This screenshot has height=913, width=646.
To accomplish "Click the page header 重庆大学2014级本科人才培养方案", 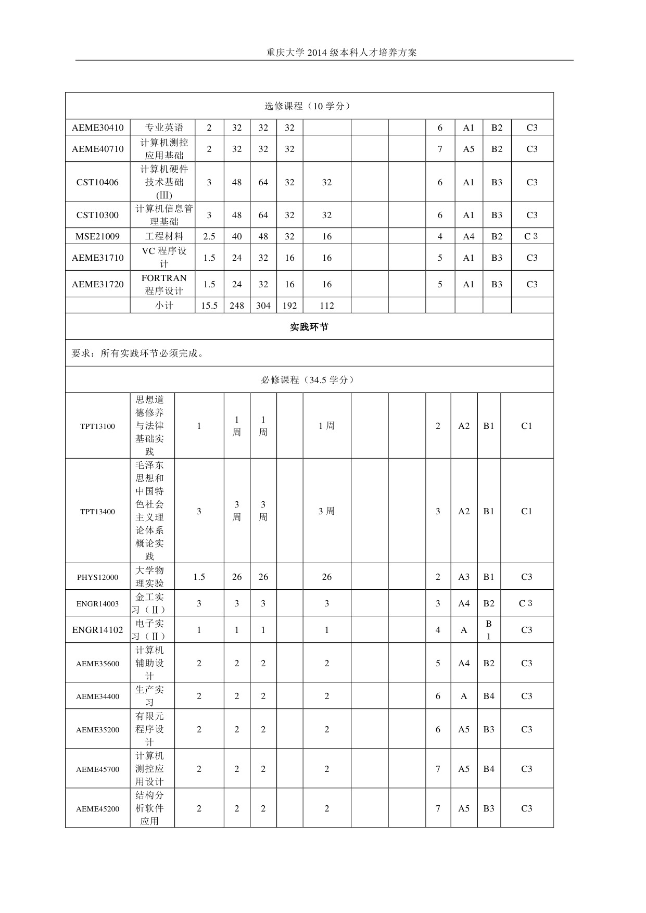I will point(341,53).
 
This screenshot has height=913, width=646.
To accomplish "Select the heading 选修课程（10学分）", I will point(309,106).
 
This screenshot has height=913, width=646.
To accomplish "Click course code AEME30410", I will point(98,128).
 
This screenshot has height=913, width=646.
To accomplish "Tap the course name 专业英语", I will point(164,128).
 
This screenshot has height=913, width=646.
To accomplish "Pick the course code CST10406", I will point(98,182).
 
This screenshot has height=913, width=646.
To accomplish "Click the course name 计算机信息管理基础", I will point(164,215).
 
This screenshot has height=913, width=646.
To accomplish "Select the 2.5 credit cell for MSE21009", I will point(209,236).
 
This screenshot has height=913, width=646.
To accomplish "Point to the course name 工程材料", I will point(164,236).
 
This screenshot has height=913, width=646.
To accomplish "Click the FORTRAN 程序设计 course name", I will point(164,284).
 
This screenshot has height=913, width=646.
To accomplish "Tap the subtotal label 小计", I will point(164,306).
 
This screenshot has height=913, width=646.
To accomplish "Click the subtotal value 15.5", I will point(209,306).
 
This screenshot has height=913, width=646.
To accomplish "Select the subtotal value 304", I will point(263,306).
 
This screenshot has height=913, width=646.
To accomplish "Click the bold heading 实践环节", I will point(309,327).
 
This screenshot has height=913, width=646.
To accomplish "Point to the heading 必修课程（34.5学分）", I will point(309,380).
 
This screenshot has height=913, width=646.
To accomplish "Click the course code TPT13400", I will point(98,512).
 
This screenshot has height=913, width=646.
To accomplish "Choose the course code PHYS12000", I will point(98,577).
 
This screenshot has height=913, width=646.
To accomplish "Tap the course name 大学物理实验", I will point(150,577).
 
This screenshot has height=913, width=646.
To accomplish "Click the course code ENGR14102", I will point(98,630).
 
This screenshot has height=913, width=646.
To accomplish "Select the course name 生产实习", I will point(150,696).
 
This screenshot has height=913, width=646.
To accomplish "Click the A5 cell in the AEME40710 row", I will point(468,149).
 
